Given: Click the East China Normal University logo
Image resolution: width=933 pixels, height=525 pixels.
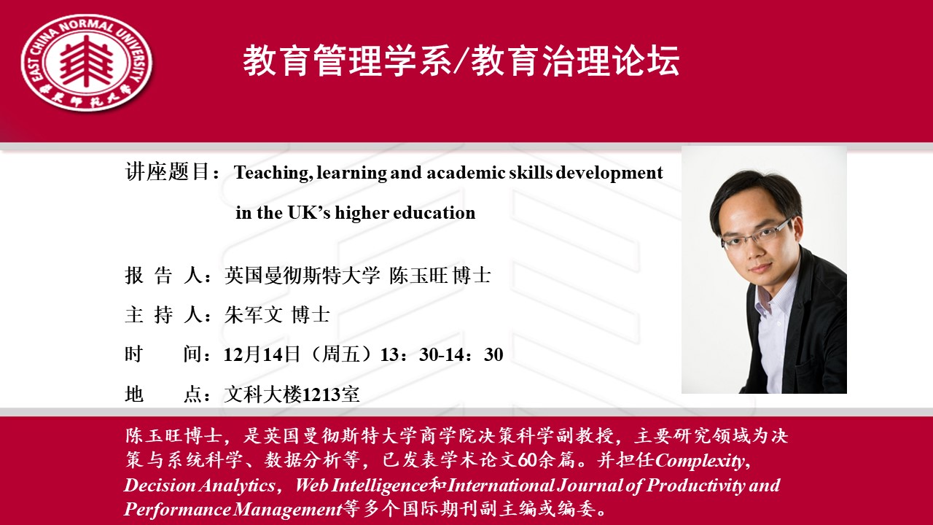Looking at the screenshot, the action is [87, 63].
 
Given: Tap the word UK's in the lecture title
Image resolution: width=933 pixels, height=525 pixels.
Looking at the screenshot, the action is [309, 213].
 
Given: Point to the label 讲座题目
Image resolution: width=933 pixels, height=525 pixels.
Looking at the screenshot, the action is [167, 171].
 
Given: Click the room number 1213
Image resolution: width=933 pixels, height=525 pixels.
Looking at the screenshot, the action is [321, 394].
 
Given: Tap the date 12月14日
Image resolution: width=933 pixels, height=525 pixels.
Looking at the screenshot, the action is [262, 354].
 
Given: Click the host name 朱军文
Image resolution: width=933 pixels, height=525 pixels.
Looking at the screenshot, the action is [253, 314].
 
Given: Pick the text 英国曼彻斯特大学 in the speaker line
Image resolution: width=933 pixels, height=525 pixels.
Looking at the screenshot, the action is [302, 276].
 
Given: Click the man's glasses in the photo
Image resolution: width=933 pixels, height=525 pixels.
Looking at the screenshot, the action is [756, 236].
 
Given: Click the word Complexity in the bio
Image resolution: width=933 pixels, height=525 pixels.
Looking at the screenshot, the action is [703, 461].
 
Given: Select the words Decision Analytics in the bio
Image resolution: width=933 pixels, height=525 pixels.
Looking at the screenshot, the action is [199, 486].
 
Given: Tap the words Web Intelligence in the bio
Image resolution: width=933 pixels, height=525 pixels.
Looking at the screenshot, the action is [362, 486].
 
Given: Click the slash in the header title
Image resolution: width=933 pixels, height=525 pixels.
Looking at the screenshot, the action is [461, 62].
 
